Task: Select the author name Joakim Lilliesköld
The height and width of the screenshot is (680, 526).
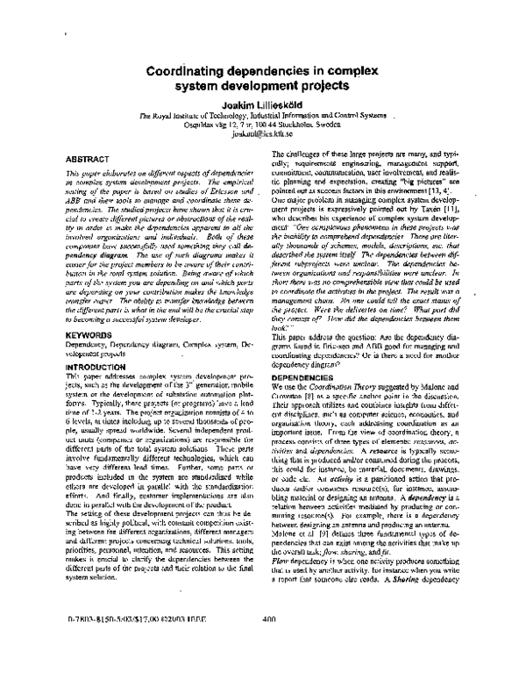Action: pyautogui.click(x=263, y=104)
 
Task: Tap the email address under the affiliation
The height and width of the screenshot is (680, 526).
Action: pyautogui.click(x=262, y=138)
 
